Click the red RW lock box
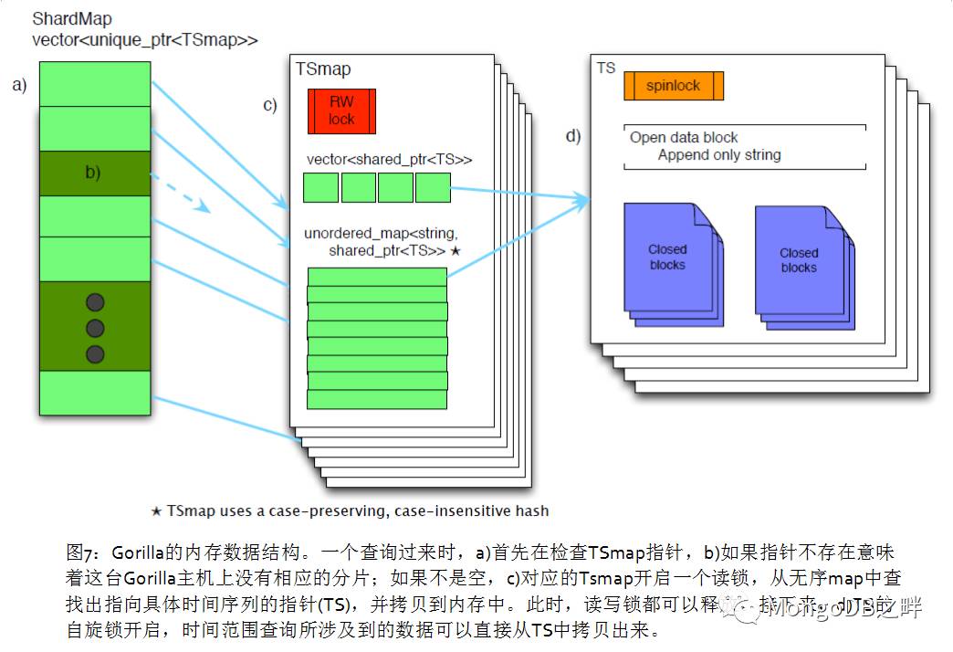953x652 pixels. (x=341, y=111)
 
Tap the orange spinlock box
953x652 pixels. (x=674, y=86)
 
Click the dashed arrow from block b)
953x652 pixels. (x=180, y=193)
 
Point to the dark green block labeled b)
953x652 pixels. (x=93, y=173)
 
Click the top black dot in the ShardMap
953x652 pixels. (x=95, y=302)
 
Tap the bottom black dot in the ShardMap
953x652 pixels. (x=95, y=354)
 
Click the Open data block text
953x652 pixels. (x=684, y=138)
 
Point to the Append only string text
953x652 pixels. (x=719, y=155)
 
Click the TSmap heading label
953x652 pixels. (x=323, y=69)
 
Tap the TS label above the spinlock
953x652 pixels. (x=606, y=68)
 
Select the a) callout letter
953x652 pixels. (x=19, y=86)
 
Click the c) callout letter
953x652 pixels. (x=270, y=105)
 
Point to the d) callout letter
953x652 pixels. (x=573, y=137)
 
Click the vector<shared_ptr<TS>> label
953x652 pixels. (x=389, y=160)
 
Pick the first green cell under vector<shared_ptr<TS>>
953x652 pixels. (x=320, y=188)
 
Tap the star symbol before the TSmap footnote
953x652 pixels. (x=156, y=510)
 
